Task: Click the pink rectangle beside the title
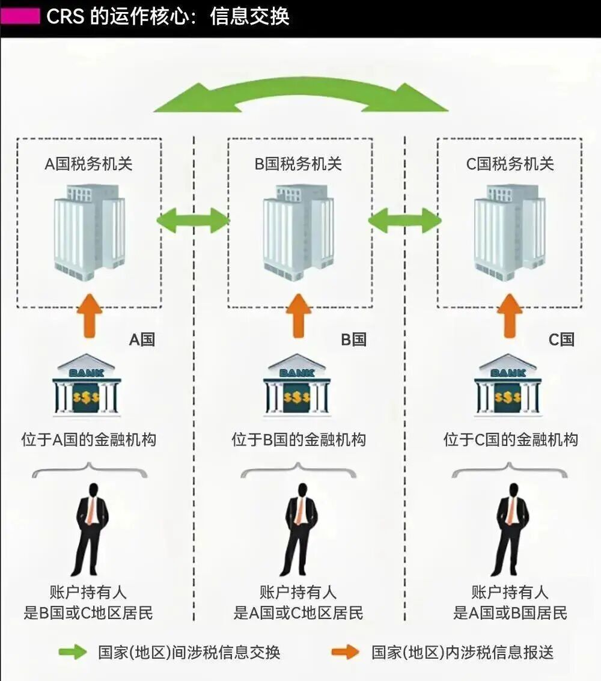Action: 20,16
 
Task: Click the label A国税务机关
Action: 88,164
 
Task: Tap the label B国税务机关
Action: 298,164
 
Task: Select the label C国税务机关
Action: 510,164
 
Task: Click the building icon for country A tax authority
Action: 89,231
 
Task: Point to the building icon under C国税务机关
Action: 510,231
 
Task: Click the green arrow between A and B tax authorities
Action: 193,221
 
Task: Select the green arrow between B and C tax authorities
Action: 404,221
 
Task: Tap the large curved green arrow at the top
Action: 300,96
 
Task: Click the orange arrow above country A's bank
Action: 89,316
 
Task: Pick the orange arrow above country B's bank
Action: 298,316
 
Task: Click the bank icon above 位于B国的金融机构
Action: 297,385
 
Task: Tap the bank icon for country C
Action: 508,385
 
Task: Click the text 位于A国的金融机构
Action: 88,440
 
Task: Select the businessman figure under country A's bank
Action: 91,529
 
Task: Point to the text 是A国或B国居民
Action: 510,613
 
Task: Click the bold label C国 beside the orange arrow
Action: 561,340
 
